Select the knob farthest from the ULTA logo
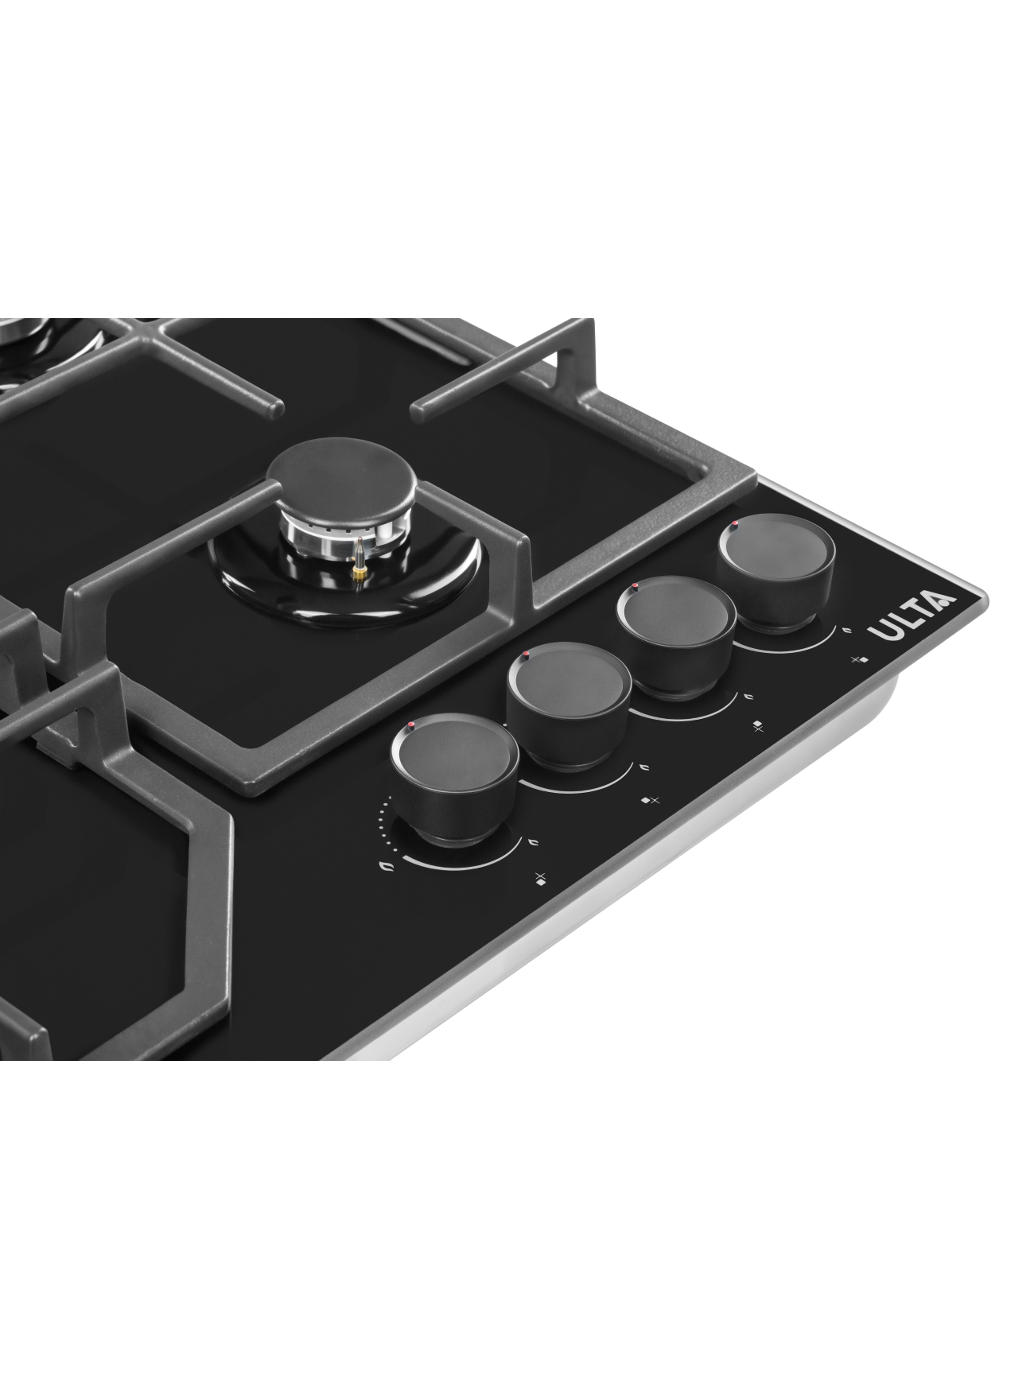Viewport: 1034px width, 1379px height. pyautogui.click(x=454, y=778)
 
